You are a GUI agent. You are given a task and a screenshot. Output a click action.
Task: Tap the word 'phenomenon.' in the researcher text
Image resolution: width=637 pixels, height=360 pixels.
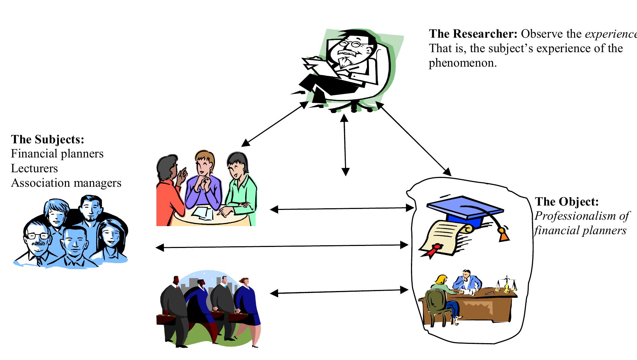[x=462, y=63]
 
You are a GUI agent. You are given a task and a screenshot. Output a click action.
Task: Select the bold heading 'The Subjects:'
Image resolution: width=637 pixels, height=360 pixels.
[x=47, y=139]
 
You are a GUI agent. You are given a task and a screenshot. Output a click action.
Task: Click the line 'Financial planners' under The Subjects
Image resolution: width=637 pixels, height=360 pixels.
[x=57, y=153]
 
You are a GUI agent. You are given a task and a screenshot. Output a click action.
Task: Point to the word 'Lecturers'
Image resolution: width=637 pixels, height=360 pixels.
[x=34, y=168]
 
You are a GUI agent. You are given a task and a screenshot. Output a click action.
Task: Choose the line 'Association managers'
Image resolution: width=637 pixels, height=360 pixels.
[x=66, y=183]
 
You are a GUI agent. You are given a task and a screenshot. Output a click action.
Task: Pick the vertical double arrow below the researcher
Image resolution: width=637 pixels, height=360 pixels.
[x=344, y=145]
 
